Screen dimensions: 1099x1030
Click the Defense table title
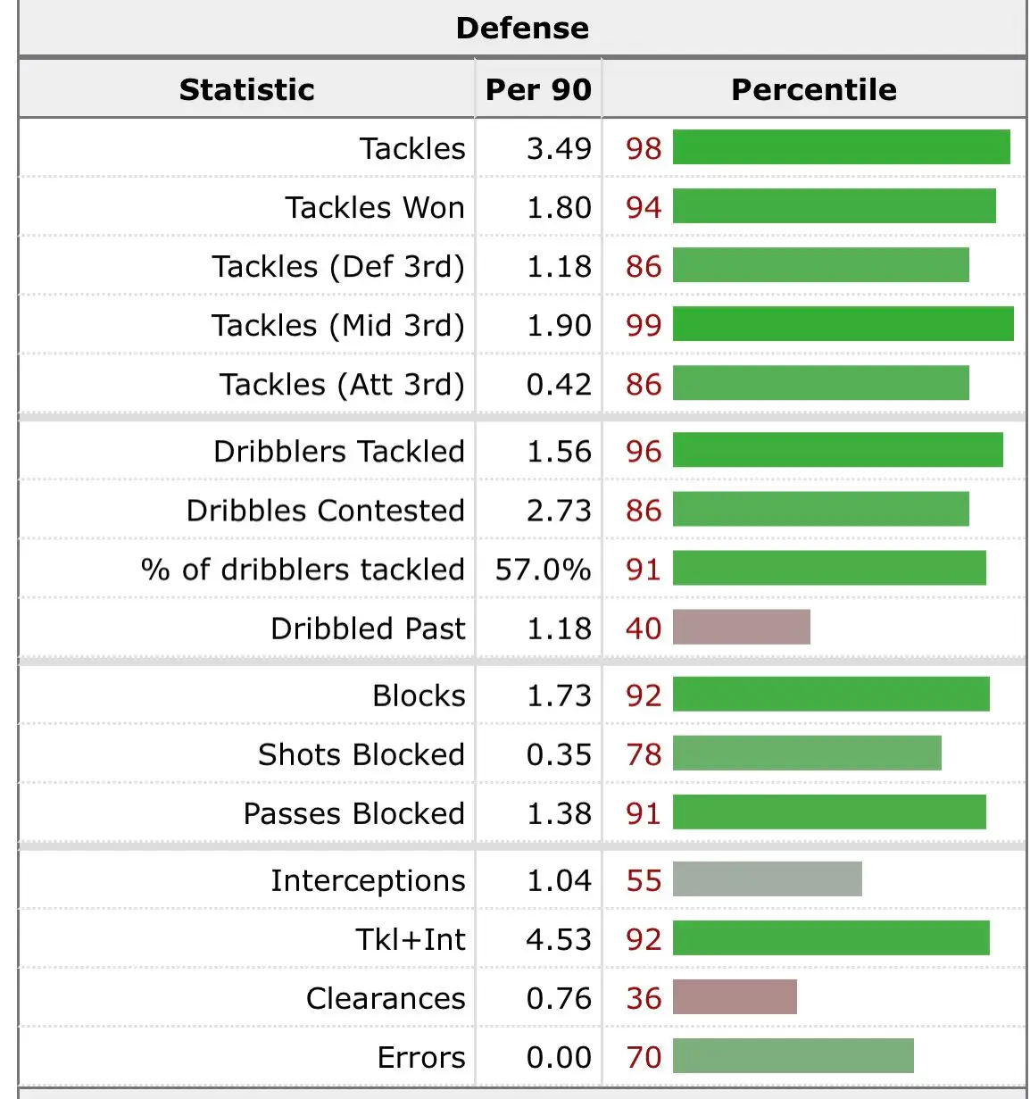(x=522, y=29)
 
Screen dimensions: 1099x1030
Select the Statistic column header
(x=246, y=89)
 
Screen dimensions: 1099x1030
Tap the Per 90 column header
(x=538, y=89)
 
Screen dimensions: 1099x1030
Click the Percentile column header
(x=813, y=89)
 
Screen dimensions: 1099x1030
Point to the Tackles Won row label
(x=375, y=207)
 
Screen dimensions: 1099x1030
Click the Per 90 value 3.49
(x=559, y=148)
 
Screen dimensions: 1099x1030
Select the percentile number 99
(x=644, y=325)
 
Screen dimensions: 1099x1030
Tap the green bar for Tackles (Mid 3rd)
(x=843, y=324)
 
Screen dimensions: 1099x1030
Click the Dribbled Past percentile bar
(x=741, y=627)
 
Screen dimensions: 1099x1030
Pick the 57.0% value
(x=543, y=570)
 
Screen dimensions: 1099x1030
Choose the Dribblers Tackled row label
(x=339, y=452)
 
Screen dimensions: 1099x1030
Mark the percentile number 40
(x=644, y=629)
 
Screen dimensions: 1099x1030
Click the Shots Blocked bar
(x=807, y=753)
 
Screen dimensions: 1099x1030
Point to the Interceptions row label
(x=368, y=881)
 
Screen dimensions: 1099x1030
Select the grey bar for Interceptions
(x=767, y=879)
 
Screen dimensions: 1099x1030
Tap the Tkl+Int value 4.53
(x=559, y=939)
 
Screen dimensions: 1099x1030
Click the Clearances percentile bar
(x=735, y=997)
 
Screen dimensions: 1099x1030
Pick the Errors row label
(x=421, y=1058)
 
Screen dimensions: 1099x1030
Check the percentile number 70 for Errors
(x=644, y=1058)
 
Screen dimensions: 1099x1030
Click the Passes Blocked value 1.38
(x=559, y=813)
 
